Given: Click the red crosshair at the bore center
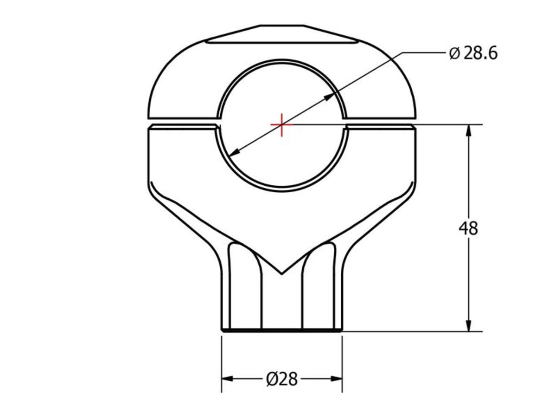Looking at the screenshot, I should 281,124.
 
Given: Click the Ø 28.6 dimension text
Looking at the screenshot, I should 473,53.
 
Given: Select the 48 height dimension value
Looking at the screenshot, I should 468,228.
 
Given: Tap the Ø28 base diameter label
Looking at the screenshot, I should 282,379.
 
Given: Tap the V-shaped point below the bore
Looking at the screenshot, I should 281,273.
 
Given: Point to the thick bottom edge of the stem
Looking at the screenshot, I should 281,330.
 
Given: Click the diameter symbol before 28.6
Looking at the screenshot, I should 454,54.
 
